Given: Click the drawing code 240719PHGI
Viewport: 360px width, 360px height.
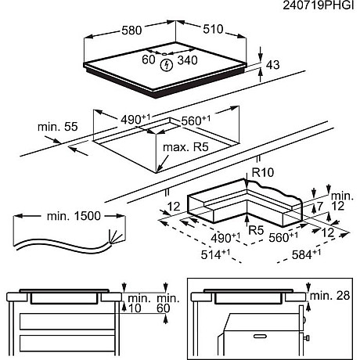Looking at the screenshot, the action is [x=318, y=5].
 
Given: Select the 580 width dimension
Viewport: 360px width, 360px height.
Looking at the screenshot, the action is [x=131, y=31].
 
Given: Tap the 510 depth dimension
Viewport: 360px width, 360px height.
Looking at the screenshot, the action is [x=213, y=29].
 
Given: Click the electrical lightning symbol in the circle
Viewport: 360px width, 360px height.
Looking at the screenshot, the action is [x=167, y=65].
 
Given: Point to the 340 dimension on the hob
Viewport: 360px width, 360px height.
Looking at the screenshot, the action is [x=187, y=60].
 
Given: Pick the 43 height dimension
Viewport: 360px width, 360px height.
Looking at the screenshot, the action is [x=273, y=65].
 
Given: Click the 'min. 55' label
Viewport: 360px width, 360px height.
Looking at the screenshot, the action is [x=58, y=127].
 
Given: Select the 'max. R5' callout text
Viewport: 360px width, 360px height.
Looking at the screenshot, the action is [x=185, y=147].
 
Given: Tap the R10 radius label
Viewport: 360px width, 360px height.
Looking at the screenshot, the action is [x=263, y=172].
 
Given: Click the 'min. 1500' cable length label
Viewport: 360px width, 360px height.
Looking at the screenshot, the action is [x=74, y=216].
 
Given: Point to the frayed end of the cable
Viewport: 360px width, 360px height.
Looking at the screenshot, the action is [x=115, y=237].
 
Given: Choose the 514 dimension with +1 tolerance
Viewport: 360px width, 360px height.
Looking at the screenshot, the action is [x=215, y=254].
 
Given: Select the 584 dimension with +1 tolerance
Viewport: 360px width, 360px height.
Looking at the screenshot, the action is [x=306, y=254].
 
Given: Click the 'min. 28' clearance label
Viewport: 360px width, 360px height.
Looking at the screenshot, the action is [x=329, y=296].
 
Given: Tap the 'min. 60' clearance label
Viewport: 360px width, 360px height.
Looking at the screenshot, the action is [x=168, y=303].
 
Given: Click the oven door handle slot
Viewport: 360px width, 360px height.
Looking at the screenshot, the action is [x=260, y=337].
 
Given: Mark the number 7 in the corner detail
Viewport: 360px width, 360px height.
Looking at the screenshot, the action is [x=320, y=207].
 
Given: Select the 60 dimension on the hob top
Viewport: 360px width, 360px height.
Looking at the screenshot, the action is [x=149, y=59].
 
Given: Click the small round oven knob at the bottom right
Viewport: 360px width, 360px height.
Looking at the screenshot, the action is [x=308, y=338].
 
